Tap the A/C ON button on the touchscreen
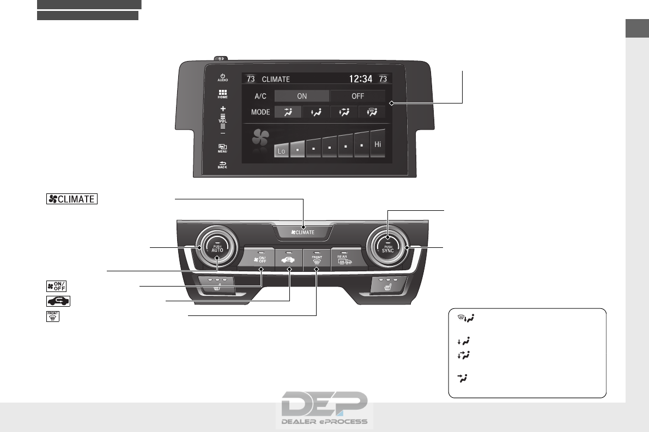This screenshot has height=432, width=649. [301, 96]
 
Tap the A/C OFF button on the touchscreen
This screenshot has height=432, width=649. [357, 96]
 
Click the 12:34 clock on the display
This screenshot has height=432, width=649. [361, 79]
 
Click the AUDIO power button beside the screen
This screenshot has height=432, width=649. [222, 77]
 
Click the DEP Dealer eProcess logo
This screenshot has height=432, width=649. [325, 409]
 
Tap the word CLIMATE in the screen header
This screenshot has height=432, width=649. [276, 79]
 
